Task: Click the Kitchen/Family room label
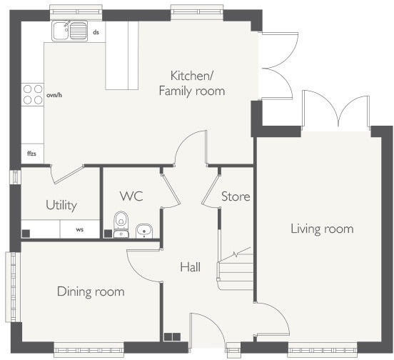[x=192, y=84]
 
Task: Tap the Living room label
[x=322, y=229]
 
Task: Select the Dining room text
[x=91, y=291]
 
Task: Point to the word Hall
[x=190, y=267]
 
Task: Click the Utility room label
[x=61, y=206]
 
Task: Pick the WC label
[x=131, y=196]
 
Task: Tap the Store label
[x=236, y=196]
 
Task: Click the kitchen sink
[x=70, y=31]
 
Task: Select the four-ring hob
[x=33, y=94]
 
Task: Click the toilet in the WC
[x=121, y=224]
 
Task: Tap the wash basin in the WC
[x=143, y=231]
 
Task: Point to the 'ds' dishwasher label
[x=96, y=32]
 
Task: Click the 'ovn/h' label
[x=54, y=95]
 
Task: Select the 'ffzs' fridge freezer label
[x=31, y=154]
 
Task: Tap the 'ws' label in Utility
[x=80, y=229]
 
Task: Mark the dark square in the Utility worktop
[x=26, y=234]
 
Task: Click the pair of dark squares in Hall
[x=172, y=337]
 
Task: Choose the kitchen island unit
[x=122, y=55]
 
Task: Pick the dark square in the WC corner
[x=108, y=234]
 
